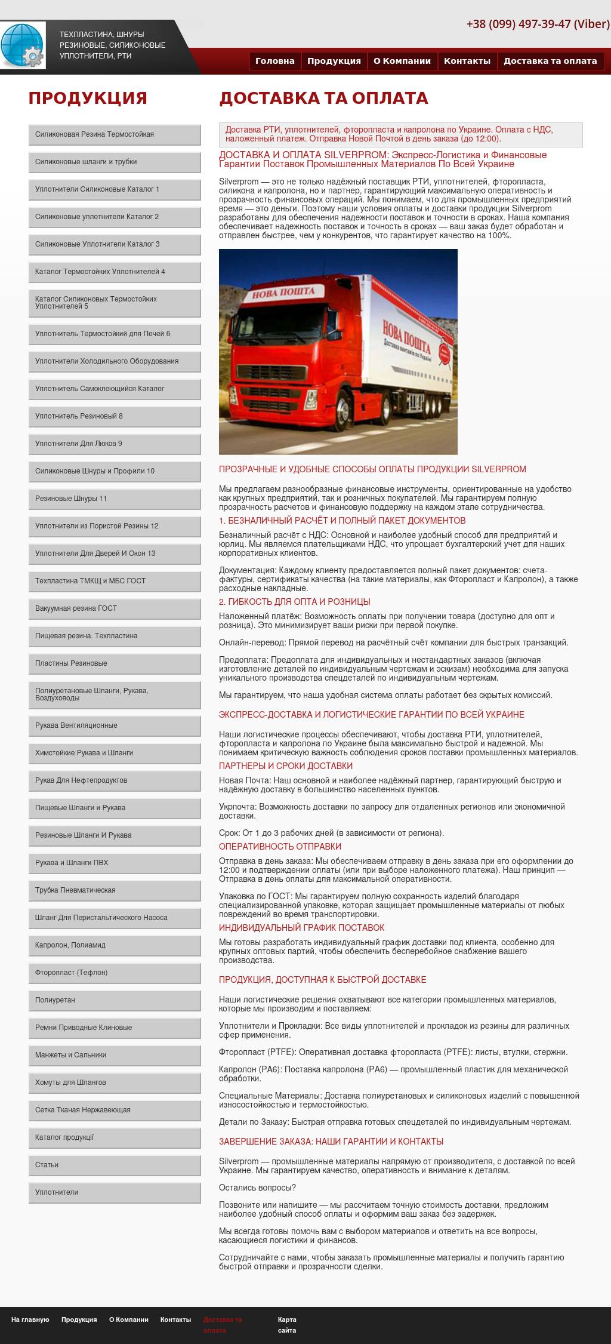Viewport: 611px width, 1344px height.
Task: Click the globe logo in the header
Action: click(x=23, y=45)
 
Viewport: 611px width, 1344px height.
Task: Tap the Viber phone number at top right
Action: click(x=538, y=24)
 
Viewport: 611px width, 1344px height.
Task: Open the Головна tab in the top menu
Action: click(x=274, y=61)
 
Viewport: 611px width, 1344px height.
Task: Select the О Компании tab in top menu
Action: click(x=402, y=61)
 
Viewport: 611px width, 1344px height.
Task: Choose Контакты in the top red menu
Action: click(x=467, y=61)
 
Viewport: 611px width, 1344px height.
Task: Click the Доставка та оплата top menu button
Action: click(x=550, y=61)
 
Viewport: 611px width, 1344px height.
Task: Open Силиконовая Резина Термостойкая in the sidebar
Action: click(x=114, y=135)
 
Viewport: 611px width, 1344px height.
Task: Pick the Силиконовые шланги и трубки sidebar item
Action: click(x=114, y=162)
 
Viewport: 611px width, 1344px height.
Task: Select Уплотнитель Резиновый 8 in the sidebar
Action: click(x=114, y=417)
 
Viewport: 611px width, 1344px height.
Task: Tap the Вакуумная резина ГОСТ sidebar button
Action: click(x=114, y=609)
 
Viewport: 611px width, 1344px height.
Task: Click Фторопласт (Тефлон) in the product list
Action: click(x=114, y=973)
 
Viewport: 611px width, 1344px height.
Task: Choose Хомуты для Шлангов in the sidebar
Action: click(x=114, y=1083)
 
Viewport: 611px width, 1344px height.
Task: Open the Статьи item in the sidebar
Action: click(x=114, y=1165)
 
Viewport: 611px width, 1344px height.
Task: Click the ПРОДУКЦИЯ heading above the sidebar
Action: click(x=88, y=98)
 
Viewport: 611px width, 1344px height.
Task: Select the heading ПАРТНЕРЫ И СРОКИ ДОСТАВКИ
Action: click(x=285, y=766)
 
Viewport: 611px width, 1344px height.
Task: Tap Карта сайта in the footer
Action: click(x=286, y=1325)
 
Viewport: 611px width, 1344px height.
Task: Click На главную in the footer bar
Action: click(x=30, y=1320)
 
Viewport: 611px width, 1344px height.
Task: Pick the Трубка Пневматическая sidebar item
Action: click(x=114, y=891)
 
